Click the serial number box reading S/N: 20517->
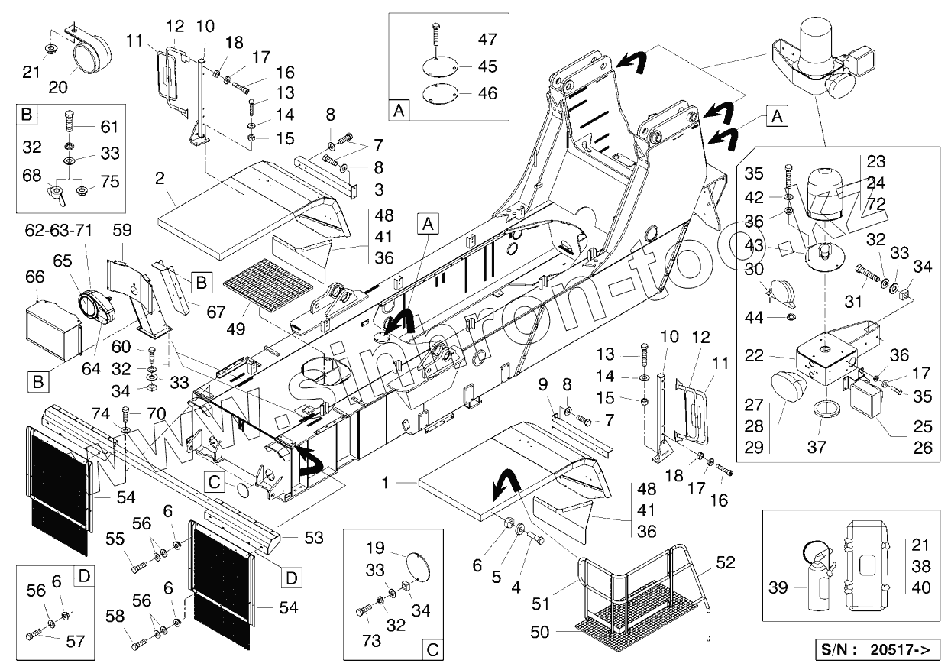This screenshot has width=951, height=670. point(877,651)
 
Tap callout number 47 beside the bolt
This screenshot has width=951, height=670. point(487,39)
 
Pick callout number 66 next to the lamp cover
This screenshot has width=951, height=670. point(35,277)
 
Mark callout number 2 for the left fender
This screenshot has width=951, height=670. point(159,180)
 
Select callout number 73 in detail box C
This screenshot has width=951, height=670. point(371,642)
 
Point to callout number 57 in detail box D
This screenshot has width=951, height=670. point(75,641)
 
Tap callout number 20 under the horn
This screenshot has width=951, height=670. point(58,87)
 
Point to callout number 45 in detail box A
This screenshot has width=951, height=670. point(487,66)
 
